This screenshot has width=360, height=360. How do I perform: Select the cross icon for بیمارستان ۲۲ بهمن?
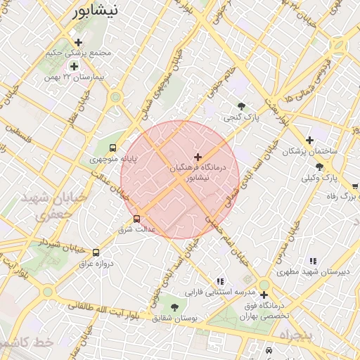(x=74, y=65)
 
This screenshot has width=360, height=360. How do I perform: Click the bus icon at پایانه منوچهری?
(x=112, y=148)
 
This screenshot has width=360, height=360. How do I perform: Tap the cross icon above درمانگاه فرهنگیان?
(x=198, y=157)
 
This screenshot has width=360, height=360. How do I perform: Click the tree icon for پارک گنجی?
(x=242, y=106)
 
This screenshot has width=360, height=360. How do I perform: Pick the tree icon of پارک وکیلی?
(x=320, y=167)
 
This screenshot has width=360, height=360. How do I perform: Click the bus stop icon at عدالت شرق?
(x=136, y=218)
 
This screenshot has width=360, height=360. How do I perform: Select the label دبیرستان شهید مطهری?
(x=309, y=271)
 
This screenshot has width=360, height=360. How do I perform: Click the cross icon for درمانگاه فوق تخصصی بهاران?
(x=264, y=295)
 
